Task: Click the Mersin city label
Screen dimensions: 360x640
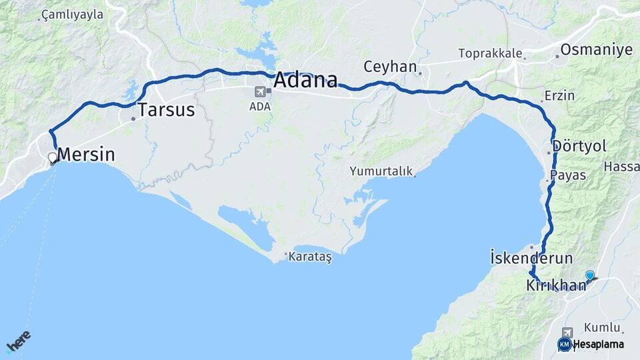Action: tap(86, 155)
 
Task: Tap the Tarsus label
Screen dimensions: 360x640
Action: tap(166, 110)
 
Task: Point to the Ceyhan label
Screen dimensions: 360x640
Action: tap(390, 67)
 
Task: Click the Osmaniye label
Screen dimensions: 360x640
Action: tap(596, 50)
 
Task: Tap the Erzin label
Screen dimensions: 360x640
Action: tap(559, 95)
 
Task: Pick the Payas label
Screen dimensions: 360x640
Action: tap(568, 175)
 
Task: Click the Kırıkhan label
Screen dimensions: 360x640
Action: tap(556, 285)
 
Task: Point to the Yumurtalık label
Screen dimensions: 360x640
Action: tap(381, 171)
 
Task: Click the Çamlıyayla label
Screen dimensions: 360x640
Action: tap(72, 14)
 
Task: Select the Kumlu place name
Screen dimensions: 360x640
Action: tap(602, 327)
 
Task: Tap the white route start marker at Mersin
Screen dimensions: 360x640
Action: tap(53, 158)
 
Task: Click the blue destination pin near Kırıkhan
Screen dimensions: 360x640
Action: tap(589, 275)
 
